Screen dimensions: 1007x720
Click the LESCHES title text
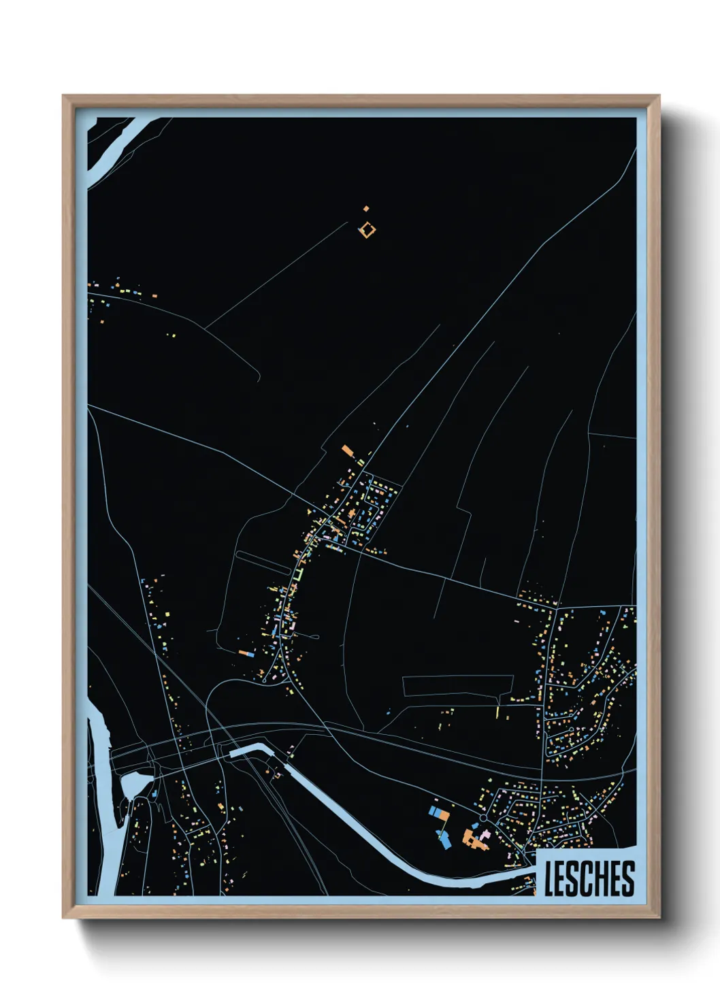point(589,878)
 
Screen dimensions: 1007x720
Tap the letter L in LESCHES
point(550,878)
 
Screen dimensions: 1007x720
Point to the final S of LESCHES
point(628,878)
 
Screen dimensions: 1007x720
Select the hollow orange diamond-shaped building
point(367,230)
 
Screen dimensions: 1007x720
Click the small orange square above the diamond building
point(366,208)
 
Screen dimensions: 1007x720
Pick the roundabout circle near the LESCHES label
point(482,817)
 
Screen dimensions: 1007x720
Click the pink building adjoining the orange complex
point(485,833)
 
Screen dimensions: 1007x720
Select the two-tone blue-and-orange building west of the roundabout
point(440,812)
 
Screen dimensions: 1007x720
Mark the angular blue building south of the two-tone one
point(444,841)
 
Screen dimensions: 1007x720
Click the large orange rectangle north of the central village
point(348,450)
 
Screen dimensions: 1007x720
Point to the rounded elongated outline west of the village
point(262,561)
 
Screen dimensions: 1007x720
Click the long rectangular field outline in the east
point(457,685)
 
